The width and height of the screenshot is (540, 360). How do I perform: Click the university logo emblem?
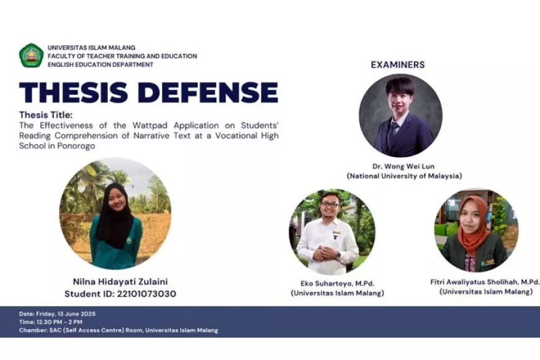(x=31, y=56)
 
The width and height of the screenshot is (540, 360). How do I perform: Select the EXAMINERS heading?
(x=398, y=65)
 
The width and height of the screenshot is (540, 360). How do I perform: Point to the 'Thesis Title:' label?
(x=46, y=115)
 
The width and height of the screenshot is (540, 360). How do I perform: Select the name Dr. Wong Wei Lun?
(x=403, y=166)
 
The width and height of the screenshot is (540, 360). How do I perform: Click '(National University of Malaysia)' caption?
(x=404, y=176)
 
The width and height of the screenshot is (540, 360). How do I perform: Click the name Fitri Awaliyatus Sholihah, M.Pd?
(x=485, y=281)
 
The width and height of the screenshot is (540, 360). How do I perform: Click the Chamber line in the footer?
(x=118, y=330)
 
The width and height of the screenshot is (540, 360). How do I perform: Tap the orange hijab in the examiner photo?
(x=473, y=227)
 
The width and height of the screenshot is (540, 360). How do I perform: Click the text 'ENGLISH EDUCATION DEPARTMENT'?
(x=100, y=65)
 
